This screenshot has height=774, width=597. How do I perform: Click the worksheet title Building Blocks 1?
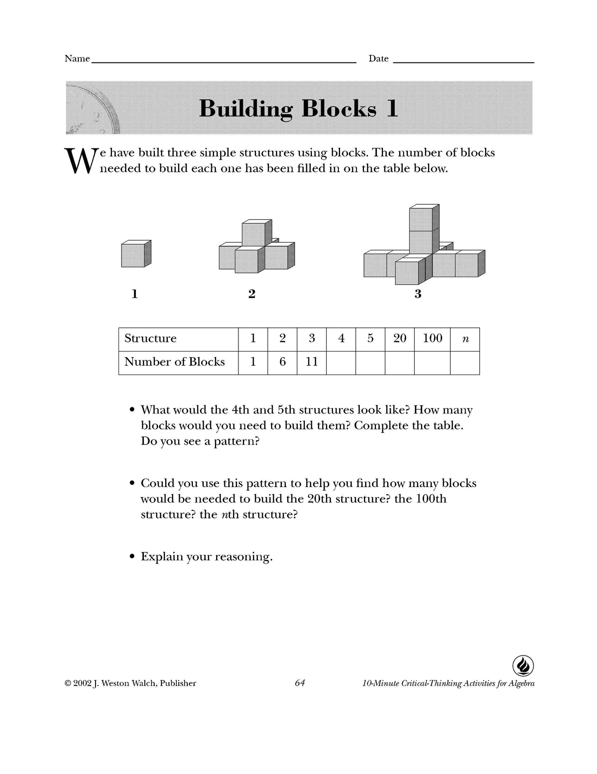coord(298,108)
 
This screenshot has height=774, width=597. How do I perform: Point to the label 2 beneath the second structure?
coord(252,294)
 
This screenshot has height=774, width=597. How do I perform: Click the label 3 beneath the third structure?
coord(418,294)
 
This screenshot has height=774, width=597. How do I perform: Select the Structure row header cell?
coord(178,339)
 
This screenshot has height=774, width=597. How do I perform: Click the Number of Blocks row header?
coord(178,362)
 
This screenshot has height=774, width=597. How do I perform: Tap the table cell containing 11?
coord(312,362)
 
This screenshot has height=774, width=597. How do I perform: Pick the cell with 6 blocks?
coord(282,362)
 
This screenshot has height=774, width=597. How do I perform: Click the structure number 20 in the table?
coord(400,339)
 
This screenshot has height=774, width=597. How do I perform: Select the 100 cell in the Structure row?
coord(432,339)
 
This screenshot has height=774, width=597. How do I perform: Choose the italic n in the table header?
coord(465,339)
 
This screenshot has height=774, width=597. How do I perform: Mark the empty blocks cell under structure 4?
coord(341,363)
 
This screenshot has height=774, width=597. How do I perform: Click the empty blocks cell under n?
coord(465,363)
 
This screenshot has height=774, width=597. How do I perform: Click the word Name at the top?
coord(77,59)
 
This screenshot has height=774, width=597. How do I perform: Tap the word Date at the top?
coord(378,59)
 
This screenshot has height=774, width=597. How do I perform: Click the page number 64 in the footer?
coord(300,683)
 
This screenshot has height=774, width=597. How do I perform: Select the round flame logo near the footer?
coord(523,666)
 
